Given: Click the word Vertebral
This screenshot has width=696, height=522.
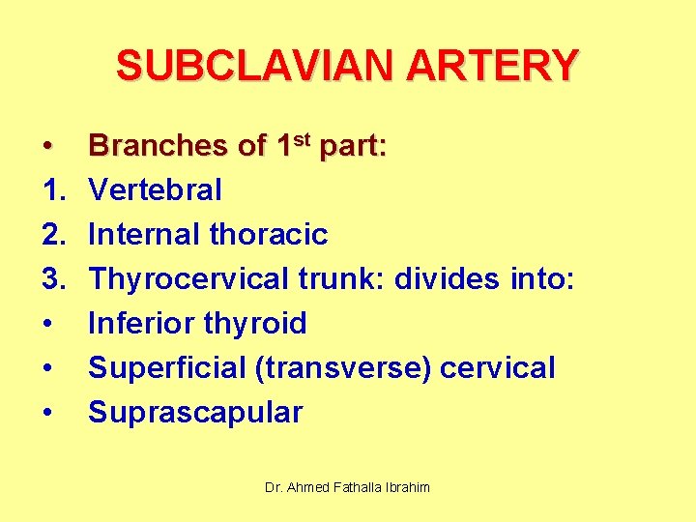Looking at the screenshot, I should coord(155,190).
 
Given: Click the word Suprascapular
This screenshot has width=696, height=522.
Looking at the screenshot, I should coord(195,413).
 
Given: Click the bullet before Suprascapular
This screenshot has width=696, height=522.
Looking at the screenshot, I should coord(47,413).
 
